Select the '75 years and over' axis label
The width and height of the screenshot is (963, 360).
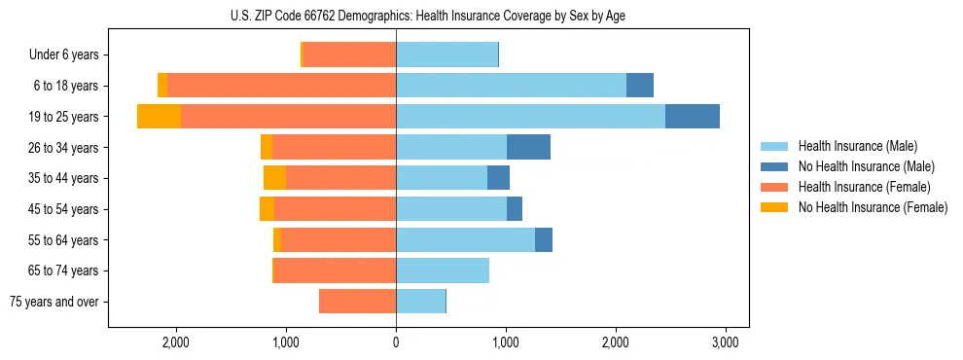(x=54, y=302)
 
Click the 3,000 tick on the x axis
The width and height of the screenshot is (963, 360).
(x=725, y=342)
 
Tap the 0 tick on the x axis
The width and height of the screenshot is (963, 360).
(x=396, y=342)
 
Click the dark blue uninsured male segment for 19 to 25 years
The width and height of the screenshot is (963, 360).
(x=693, y=117)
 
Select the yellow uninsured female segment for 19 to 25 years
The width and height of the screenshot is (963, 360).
(x=159, y=117)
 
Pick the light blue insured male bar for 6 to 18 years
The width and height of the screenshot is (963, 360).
(x=511, y=86)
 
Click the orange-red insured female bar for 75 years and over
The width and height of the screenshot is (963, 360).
(x=357, y=302)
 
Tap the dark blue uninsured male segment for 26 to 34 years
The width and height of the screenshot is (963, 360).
(x=528, y=147)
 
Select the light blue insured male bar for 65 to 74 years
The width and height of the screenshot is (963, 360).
(x=443, y=270)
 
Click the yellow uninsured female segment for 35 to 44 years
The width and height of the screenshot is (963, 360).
(x=274, y=178)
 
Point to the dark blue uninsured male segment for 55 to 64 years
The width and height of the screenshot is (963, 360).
(x=544, y=239)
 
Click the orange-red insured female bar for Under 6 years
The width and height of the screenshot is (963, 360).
(x=349, y=55)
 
